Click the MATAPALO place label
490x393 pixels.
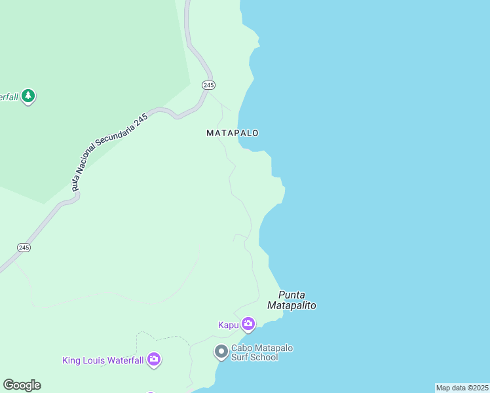(x=233, y=133)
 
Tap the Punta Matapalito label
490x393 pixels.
(x=292, y=300)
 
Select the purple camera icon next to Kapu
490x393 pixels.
(x=248, y=324)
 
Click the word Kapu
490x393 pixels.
(x=229, y=325)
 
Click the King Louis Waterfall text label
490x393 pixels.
(x=103, y=360)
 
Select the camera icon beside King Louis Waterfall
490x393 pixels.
(x=154, y=359)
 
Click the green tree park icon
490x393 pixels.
(x=28, y=96)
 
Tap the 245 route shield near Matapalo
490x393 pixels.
(x=208, y=85)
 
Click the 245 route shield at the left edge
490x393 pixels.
(x=24, y=247)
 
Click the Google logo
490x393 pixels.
(x=22, y=385)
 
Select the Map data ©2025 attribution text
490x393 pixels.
(x=462, y=388)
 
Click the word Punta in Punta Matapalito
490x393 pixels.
(x=292, y=295)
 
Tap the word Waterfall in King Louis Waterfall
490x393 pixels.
(x=123, y=360)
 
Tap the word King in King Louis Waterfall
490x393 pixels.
(x=71, y=360)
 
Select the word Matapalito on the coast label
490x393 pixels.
(x=292, y=305)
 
